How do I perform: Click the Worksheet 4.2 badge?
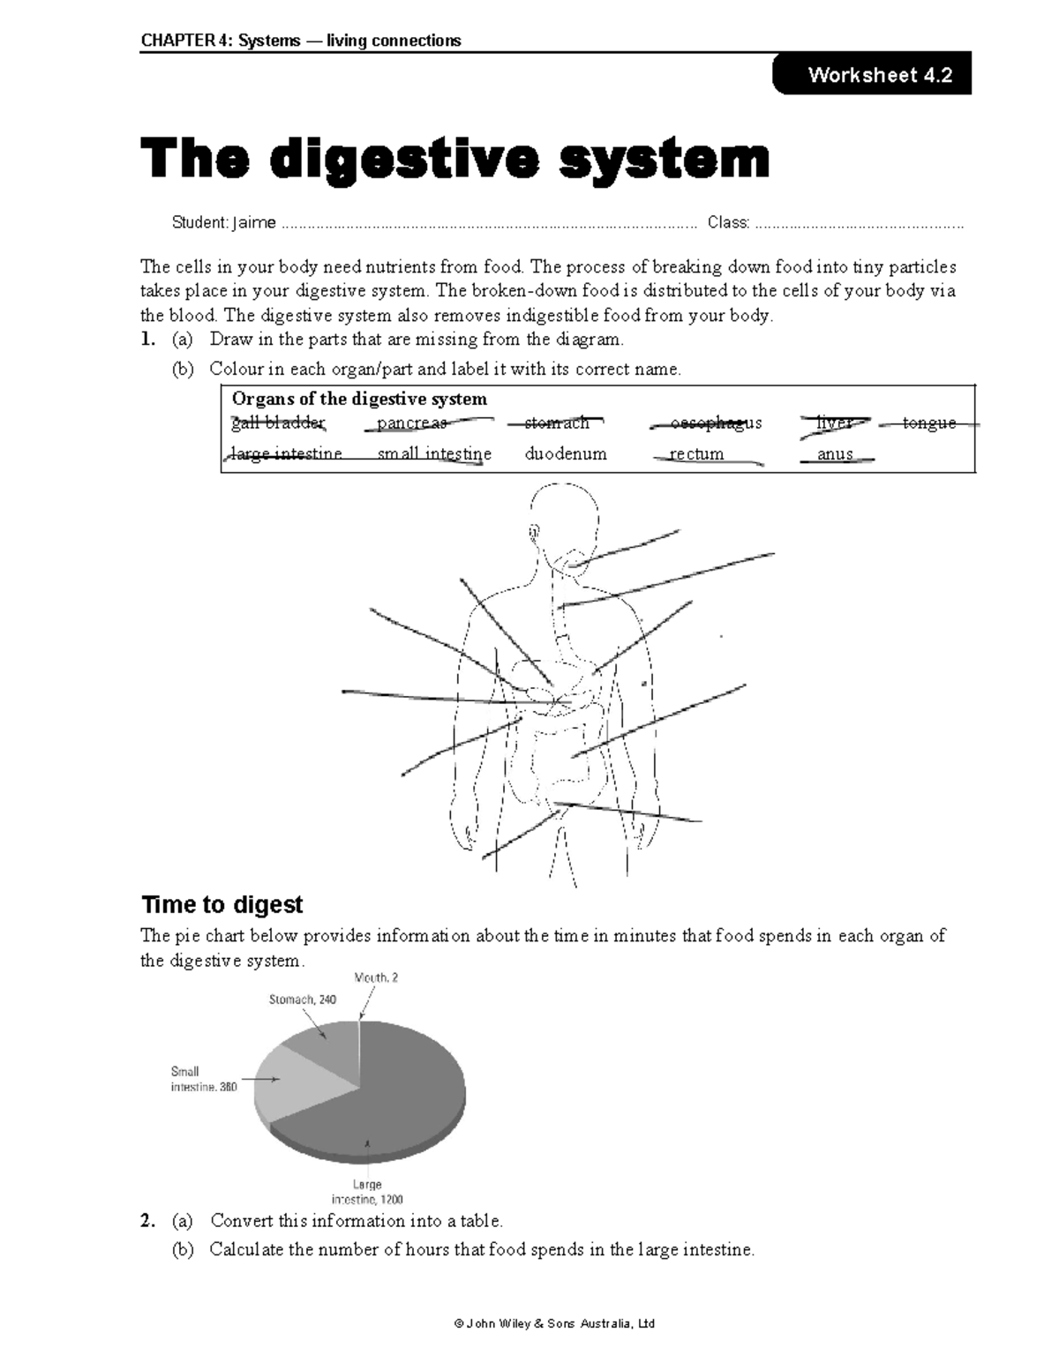(872, 75)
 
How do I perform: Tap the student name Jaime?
(253, 222)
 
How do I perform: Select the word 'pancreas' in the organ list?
(411, 423)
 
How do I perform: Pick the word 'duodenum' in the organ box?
(565, 454)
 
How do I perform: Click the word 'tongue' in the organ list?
(928, 423)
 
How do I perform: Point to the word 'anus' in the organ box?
(834, 454)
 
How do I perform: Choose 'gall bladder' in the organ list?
(278, 423)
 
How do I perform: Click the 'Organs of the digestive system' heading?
(358, 399)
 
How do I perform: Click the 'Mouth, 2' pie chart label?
(376, 977)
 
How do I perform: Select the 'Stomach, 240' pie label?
(302, 999)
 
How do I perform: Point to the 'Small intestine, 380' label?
(203, 1080)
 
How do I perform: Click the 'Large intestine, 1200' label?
(367, 1192)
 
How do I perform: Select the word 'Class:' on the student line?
(728, 222)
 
